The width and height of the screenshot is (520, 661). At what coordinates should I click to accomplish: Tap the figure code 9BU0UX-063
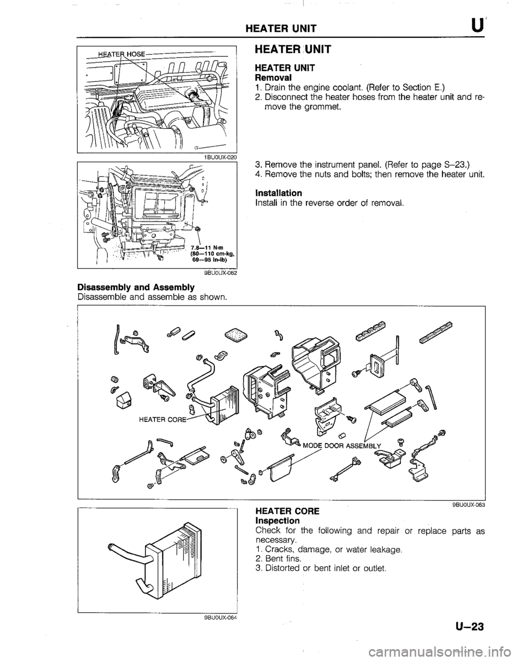point(467,505)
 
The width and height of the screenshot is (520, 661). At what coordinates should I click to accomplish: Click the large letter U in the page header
point(483,25)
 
